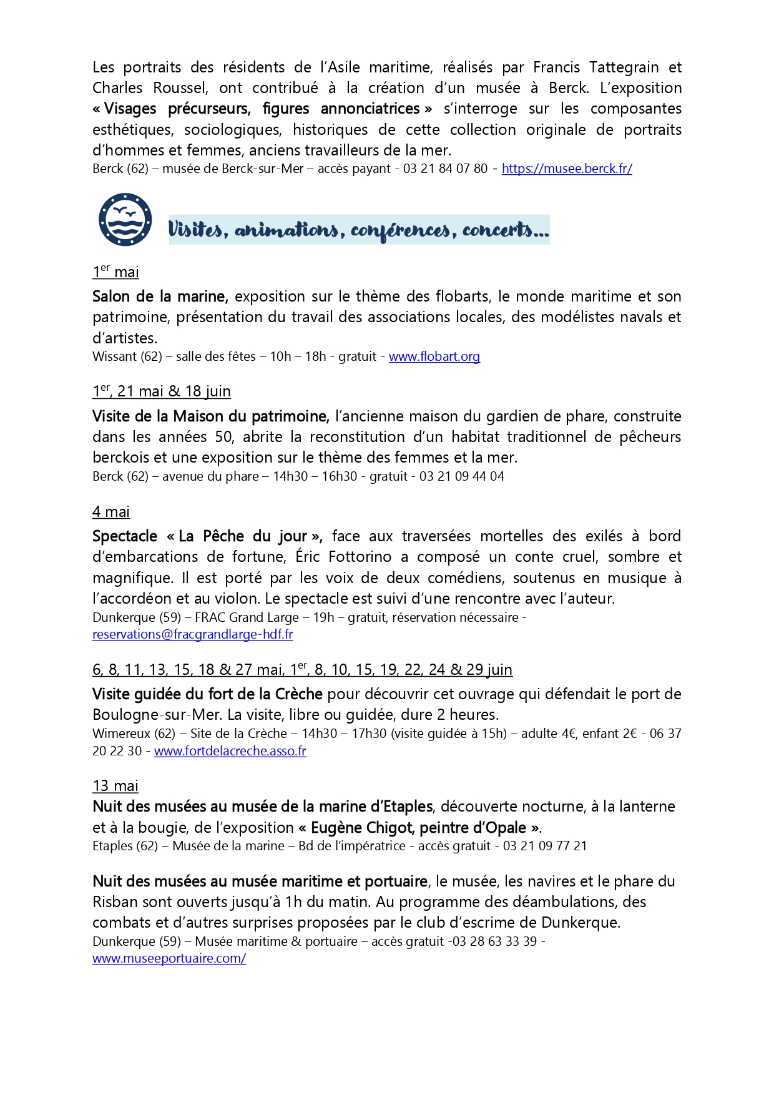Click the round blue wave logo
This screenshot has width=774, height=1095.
pos(125,219)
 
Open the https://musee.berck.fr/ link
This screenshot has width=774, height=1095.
pos(567,169)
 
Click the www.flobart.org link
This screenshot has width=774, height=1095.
pos(434,356)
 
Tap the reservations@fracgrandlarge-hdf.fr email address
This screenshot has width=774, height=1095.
pos(192,634)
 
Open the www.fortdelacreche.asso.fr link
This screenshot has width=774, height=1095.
pos(230,751)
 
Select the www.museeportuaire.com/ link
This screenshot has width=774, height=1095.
pos(169,958)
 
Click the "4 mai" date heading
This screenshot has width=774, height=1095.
pos(111,512)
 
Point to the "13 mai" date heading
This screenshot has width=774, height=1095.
pos(115,786)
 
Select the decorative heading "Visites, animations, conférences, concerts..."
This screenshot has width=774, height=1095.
pos(359,230)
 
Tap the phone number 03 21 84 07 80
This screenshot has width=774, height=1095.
pos(445,169)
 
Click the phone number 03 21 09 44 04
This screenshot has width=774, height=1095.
pos(461,476)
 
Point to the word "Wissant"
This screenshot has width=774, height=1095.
pos(114,356)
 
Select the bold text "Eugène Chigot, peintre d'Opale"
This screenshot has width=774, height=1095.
pos(418,828)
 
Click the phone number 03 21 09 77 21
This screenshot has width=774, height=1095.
pos(545,846)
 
